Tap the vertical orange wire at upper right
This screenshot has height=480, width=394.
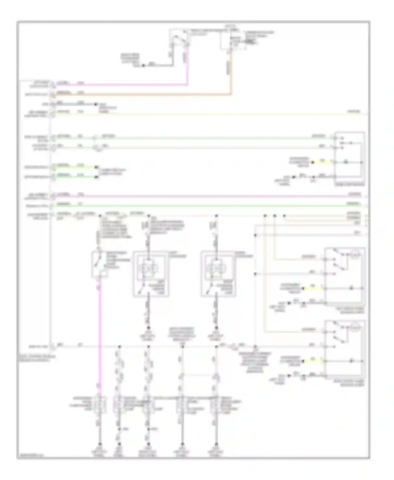[x=231, y=74]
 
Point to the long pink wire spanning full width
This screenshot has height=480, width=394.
[x=210, y=196]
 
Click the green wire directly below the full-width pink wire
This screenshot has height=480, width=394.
[x=210, y=205]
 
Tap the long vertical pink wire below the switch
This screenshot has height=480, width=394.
[x=100, y=341]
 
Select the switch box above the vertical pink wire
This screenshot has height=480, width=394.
[x=99, y=264]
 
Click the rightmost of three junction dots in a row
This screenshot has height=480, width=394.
[x=284, y=216]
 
